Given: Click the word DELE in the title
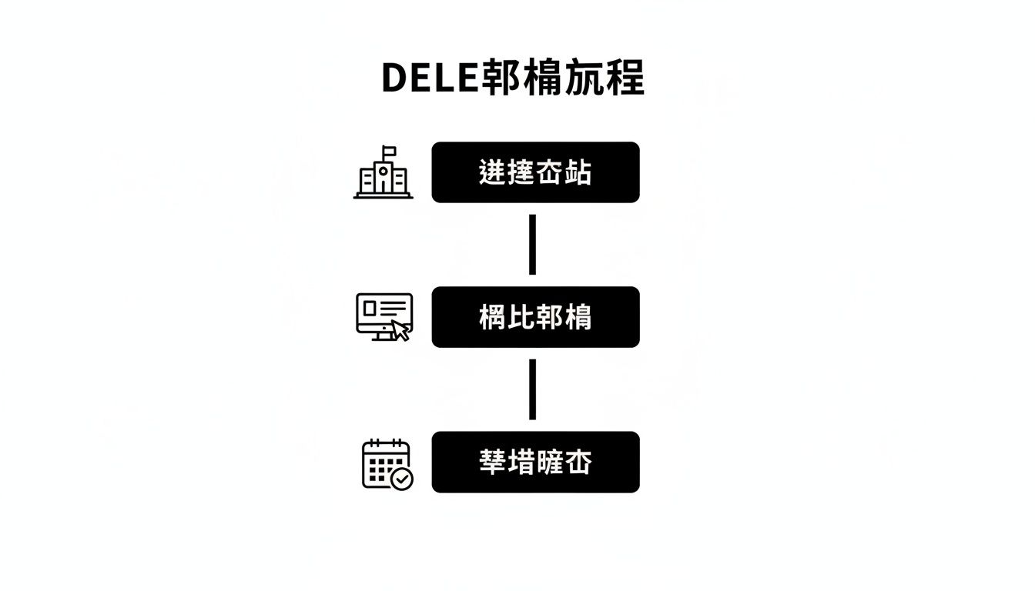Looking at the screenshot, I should tap(430, 78).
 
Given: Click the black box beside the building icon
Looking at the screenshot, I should tap(535, 172).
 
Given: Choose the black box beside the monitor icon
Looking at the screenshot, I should tap(535, 317).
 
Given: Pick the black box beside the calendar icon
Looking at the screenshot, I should tap(535, 462).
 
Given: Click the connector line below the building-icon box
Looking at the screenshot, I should tap(532, 245).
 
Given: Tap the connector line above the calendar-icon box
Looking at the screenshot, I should tap(532, 389).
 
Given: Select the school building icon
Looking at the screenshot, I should tap(383, 173).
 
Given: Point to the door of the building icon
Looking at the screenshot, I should tap(383, 188).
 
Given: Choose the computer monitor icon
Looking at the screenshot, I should tap(384, 316).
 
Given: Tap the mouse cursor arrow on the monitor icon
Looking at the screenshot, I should tap(400, 331).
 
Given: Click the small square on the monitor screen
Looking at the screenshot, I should tap(370, 308).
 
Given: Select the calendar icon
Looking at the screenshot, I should tap(387, 464).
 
